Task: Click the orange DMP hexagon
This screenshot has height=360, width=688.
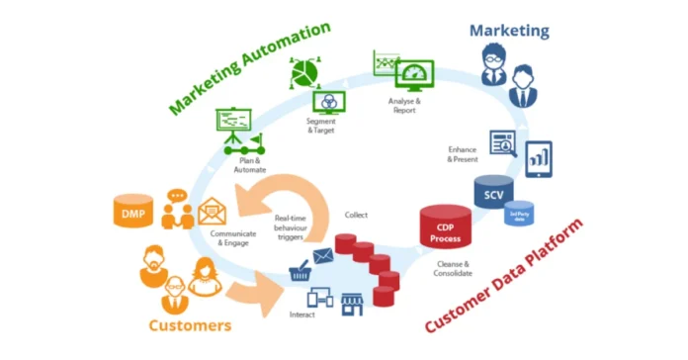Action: [x=131, y=213]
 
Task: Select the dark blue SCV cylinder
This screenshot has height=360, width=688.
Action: [x=493, y=193]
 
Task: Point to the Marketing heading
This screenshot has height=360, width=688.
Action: [x=509, y=31]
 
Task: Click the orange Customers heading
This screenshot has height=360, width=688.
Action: [x=190, y=324]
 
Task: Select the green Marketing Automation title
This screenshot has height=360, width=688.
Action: [x=248, y=67]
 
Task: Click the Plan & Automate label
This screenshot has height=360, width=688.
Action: [x=250, y=164]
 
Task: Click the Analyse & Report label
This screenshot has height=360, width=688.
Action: [x=404, y=105]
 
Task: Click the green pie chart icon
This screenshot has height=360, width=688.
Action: [x=305, y=73]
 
